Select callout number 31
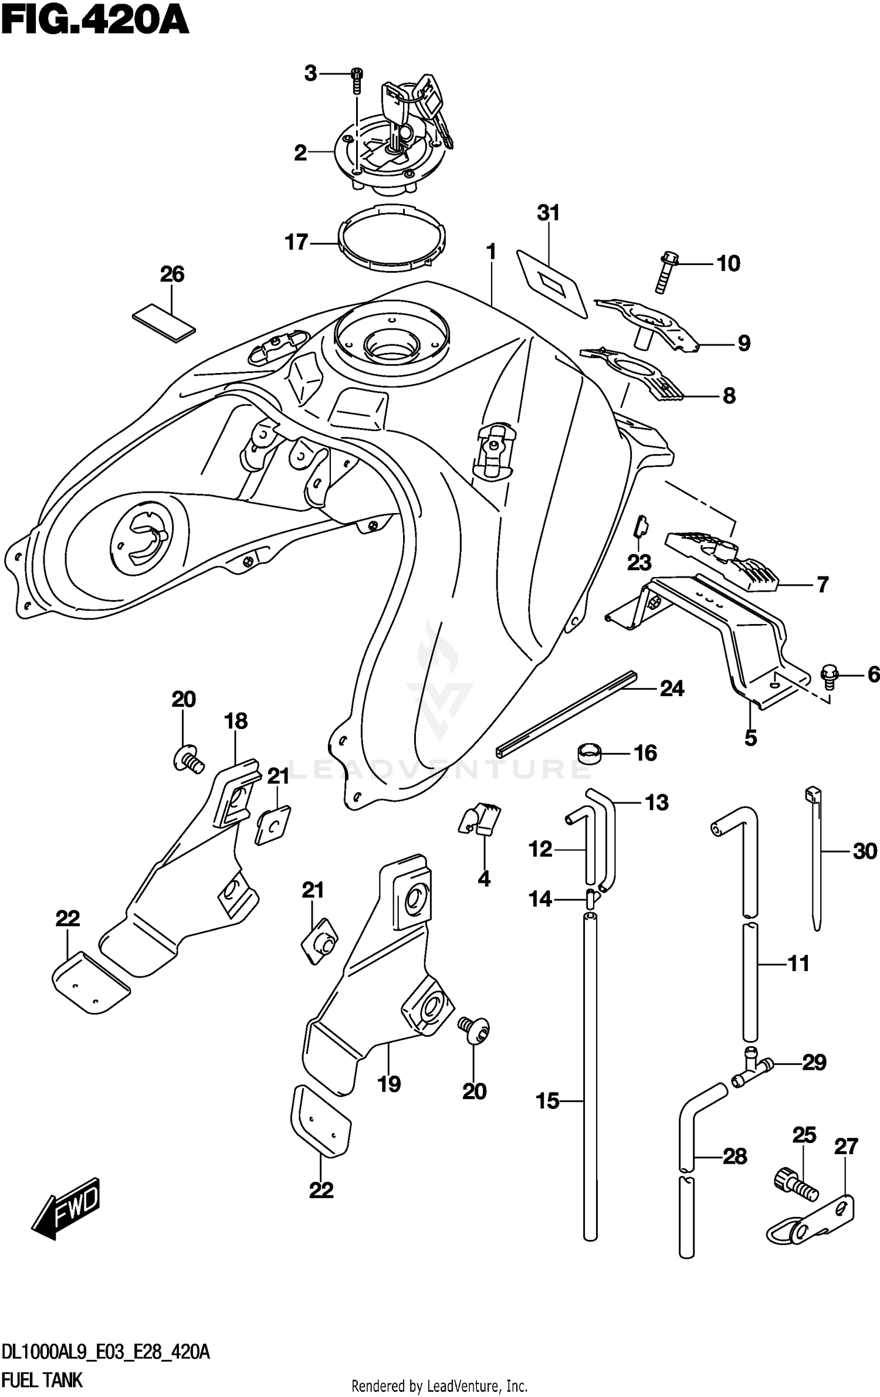548,213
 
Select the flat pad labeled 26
164,323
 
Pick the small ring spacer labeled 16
590,752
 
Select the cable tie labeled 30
815,857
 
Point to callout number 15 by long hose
548,1101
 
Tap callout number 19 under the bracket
389,1084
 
